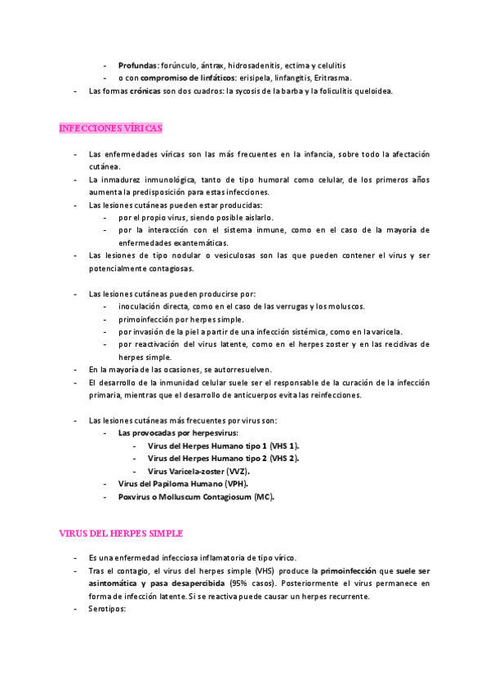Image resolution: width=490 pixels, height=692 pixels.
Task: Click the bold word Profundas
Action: (137, 64)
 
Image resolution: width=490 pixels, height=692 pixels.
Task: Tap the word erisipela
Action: (257, 78)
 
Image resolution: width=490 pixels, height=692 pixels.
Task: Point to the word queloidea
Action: (370, 91)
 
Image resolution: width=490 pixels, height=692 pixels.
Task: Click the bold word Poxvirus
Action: (136, 497)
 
